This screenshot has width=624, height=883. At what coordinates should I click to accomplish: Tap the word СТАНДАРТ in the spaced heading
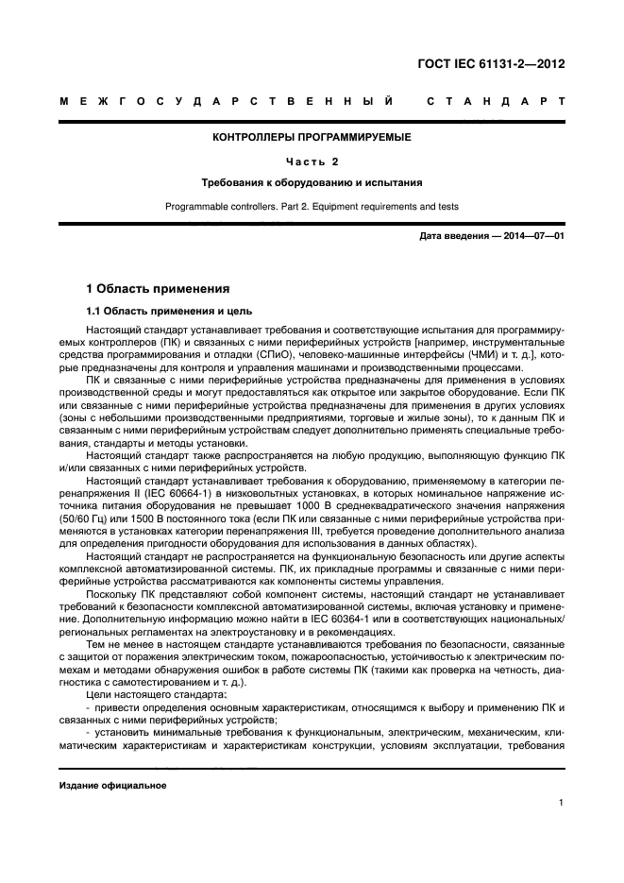(496, 101)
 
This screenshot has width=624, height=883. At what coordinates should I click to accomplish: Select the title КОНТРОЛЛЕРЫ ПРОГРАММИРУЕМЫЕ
(312, 138)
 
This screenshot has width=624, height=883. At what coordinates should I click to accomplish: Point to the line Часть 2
(312, 161)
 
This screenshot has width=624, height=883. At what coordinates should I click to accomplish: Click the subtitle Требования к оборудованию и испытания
(312, 182)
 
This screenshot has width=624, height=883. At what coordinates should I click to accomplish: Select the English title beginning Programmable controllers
(312, 205)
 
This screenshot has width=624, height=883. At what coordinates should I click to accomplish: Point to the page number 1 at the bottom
(561, 803)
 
